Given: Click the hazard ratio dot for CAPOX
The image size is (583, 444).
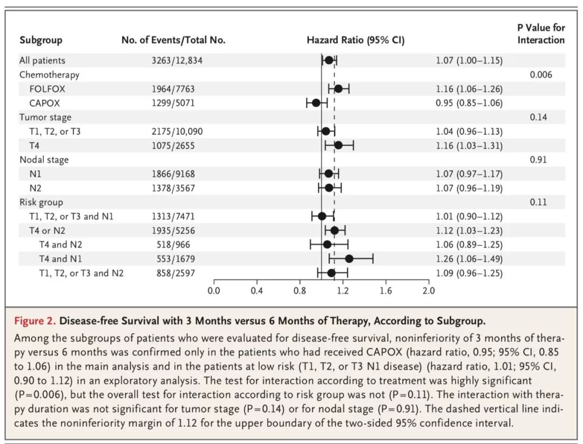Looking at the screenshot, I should [316, 103].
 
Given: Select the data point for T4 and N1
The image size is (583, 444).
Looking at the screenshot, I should [349, 259].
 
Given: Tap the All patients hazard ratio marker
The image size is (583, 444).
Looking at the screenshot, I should [329, 60].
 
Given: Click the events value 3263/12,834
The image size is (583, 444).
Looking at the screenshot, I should [177, 60].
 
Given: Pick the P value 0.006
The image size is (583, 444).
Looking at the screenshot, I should [541, 75].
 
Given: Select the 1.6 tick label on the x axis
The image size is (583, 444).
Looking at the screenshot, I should [385, 292].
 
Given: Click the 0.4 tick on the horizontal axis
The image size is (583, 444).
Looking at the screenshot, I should [256, 292].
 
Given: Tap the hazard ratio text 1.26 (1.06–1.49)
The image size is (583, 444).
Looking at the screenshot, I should [469, 259].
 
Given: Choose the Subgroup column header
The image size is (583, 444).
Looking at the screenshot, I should [41, 40].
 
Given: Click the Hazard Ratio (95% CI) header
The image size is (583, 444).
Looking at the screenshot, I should [355, 40].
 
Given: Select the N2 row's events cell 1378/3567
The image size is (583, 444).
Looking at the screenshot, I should [173, 188].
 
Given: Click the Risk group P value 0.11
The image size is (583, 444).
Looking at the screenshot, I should [538, 202].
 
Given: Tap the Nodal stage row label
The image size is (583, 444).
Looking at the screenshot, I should [44, 159].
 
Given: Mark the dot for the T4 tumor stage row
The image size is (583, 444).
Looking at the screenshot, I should [338, 145].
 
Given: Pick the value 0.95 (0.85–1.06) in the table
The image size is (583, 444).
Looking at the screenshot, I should [469, 103].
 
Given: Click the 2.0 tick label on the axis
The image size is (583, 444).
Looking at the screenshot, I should [428, 292].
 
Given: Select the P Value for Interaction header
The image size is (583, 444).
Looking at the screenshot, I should [541, 33].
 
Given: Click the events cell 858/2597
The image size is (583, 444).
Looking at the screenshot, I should [171, 273].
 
